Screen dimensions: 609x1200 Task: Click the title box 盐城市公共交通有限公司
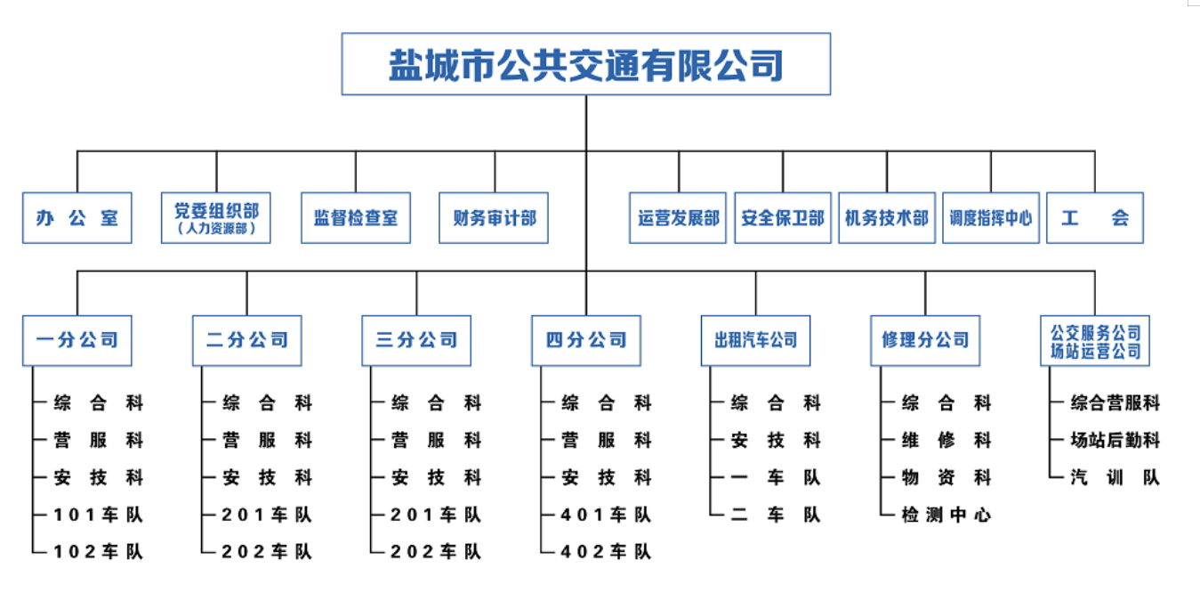[585, 64]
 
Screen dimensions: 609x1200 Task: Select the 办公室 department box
[77, 218]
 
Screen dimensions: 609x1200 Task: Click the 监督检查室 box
[356, 218]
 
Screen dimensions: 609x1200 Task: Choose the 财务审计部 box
[494, 218]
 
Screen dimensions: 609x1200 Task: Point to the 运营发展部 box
[678, 218]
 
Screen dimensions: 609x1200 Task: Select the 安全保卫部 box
[783, 218]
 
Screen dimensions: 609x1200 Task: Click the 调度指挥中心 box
[990, 218]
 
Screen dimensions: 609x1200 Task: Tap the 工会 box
[1094, 218]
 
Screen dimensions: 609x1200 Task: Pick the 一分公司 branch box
[77, 340]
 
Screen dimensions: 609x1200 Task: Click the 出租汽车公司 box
[755, 340]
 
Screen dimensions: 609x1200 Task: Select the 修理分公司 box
[925, 340]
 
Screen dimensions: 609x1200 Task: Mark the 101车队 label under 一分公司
[98, 515]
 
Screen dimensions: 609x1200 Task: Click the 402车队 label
[606, 552]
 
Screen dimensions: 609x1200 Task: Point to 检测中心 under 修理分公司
[946, 515]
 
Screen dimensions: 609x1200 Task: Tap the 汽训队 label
[1115, 478]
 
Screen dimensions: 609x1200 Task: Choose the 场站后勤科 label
[1115, 441]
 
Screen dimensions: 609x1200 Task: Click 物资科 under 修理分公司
[946, 478]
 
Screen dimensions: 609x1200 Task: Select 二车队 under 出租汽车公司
[776, 515]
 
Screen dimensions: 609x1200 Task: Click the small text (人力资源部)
[216, 229]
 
